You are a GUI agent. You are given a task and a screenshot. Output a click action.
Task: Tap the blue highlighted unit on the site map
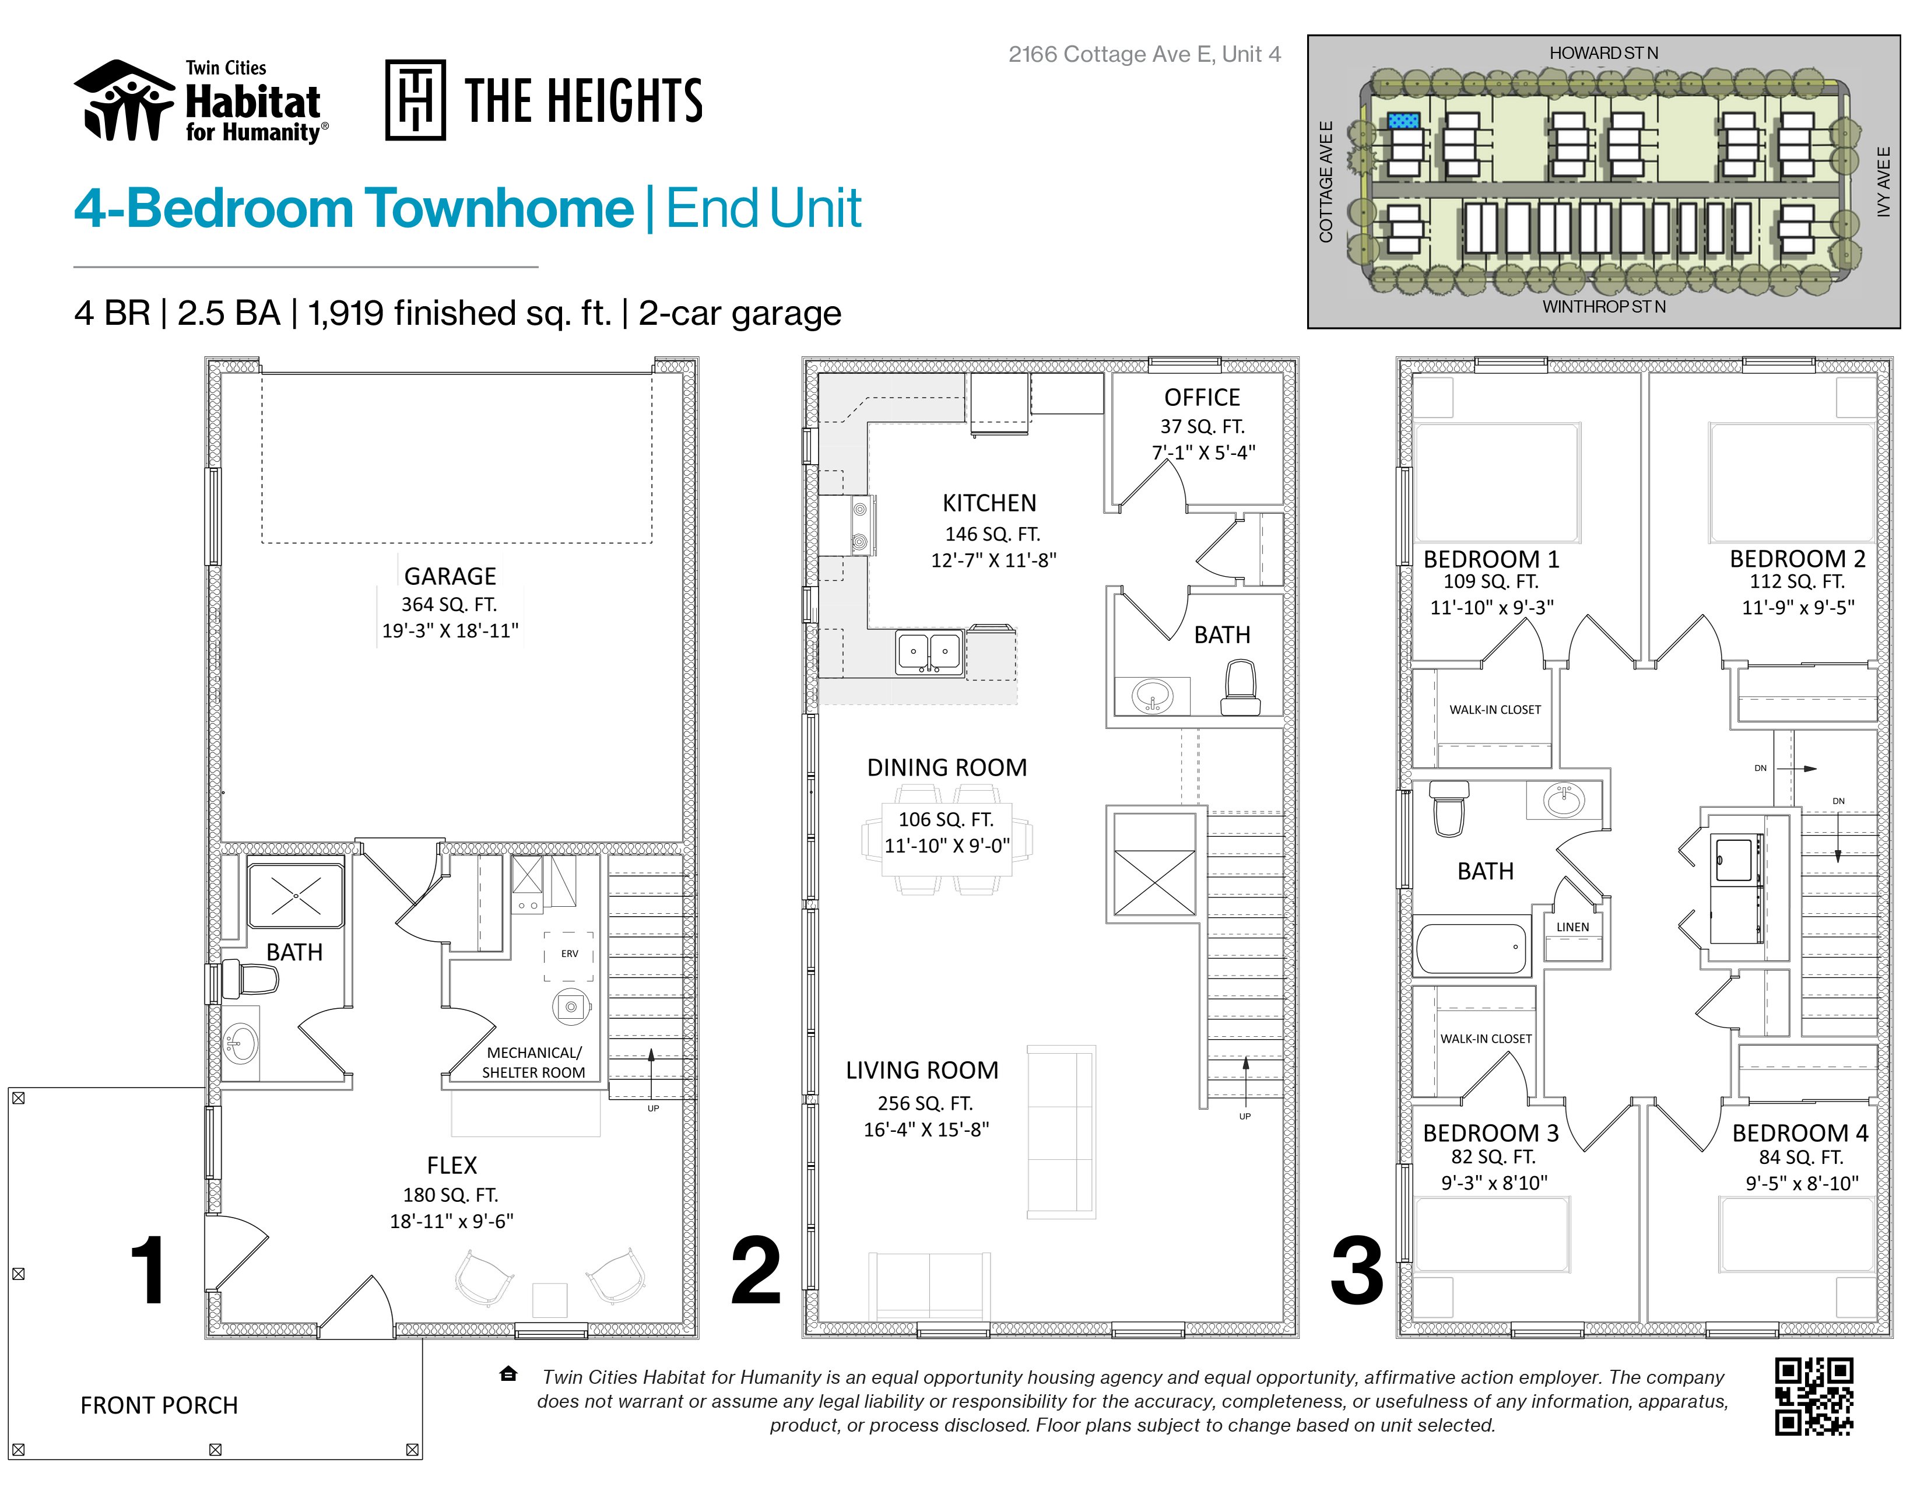1405,121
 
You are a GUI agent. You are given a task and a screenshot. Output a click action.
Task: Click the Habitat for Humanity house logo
124,100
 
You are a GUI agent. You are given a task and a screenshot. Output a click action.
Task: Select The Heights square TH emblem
415,100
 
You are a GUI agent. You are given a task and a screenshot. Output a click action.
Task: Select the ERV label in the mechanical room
570,954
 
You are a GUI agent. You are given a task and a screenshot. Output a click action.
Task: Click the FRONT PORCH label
159,1405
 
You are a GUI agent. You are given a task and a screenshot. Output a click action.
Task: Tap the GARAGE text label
450,576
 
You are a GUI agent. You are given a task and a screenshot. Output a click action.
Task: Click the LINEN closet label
1572,927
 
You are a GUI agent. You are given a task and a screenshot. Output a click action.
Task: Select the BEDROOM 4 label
1800,1133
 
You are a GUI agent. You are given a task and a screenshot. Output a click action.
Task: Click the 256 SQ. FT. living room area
925,1103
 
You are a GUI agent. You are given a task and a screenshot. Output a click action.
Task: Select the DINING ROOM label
947,767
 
